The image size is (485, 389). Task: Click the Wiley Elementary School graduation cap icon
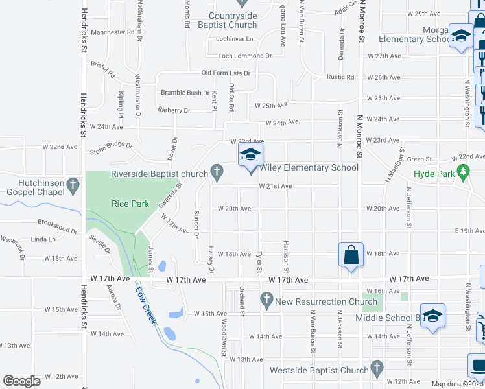[x=250, y=156]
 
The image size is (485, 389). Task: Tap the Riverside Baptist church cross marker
[x=217, y=173]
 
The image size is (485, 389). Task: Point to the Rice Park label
[x=130, y=204]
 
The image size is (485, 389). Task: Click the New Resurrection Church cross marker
[x=266, y=300]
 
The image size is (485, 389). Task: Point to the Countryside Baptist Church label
[x=233, y=20]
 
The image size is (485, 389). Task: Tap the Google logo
[x=22, y=381]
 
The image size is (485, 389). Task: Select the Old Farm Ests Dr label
[x=226, y=73]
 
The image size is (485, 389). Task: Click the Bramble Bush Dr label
[x=185, y=93]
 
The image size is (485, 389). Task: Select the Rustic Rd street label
[x=341, y=77]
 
